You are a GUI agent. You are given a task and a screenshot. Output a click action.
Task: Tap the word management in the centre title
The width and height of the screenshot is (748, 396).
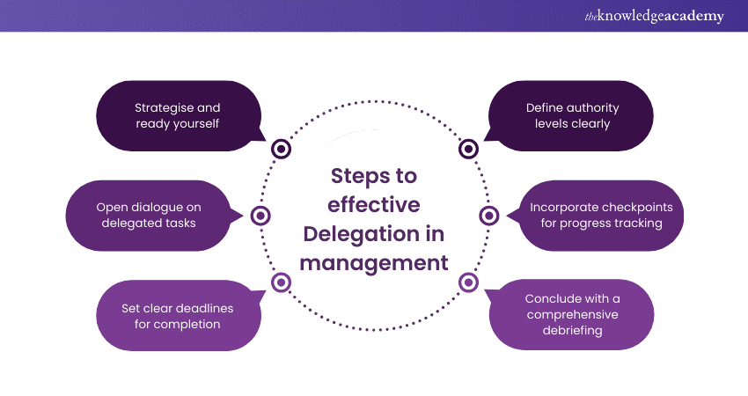point(375,262)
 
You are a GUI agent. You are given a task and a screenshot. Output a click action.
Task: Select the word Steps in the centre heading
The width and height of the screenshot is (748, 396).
point(362,175)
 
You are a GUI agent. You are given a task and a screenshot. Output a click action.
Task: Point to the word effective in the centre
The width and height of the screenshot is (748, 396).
point(374,204)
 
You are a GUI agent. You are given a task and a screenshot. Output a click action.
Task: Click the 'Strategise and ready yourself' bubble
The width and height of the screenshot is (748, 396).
point(177,115)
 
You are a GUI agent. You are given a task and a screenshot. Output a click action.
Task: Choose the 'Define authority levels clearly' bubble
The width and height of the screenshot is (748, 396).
point(572,115)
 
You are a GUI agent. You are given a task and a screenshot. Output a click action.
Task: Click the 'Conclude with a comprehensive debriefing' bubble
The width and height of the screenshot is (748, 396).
point(571,316)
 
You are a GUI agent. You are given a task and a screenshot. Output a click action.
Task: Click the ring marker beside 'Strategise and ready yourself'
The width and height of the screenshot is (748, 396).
point(282,149)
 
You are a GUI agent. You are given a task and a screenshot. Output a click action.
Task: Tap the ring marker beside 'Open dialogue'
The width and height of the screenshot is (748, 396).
point(260,216)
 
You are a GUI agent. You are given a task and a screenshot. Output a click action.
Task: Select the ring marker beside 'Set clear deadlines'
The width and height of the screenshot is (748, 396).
point(281,282)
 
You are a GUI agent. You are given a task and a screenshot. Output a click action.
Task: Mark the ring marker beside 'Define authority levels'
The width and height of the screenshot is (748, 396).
point(469,149)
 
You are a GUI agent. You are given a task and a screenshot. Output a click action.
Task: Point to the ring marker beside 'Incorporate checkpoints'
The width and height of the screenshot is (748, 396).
point(489,216)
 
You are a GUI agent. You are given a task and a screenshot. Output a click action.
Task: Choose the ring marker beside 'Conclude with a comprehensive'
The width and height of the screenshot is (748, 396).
point(469,282)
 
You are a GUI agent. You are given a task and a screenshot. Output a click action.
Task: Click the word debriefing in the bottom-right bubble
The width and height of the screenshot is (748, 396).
point(571,331)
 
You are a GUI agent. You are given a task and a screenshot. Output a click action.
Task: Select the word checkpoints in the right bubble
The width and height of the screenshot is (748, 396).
point(627,208)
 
